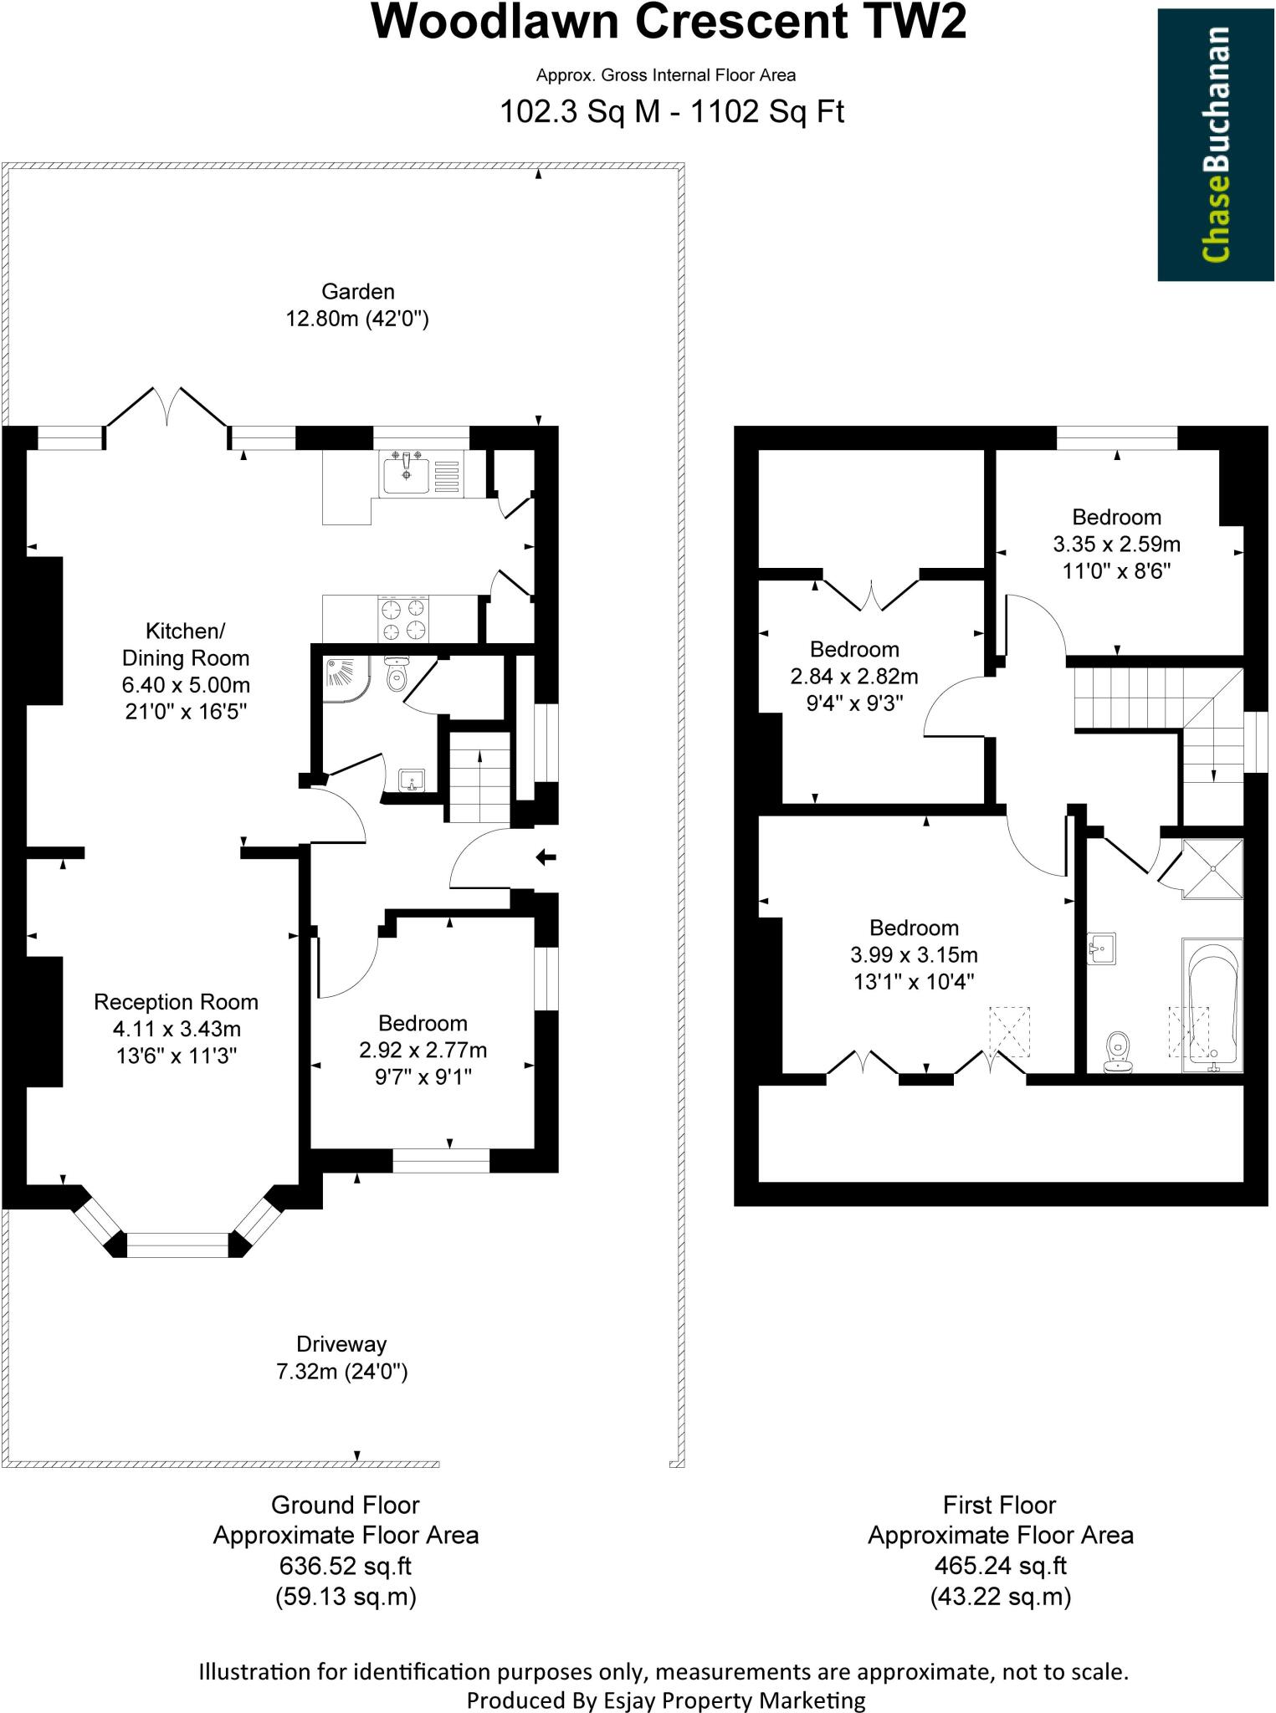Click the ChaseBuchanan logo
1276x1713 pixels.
pos(1215,145)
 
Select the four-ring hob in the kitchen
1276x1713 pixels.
pos(404,619)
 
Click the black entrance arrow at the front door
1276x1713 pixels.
pos(546,856)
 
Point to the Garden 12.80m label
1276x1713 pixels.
pos(357,304)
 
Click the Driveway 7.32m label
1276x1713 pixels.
pos(341,1357)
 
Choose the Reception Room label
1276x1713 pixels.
pos(176,1002)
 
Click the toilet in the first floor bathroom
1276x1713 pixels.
pos(1118,1051)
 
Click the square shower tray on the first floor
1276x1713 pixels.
pos(1212,870)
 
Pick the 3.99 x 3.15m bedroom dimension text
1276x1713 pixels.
pos(914,954)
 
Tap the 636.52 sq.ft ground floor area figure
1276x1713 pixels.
pos(346,1566)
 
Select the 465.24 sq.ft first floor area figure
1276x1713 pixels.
pos(1000,1566)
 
